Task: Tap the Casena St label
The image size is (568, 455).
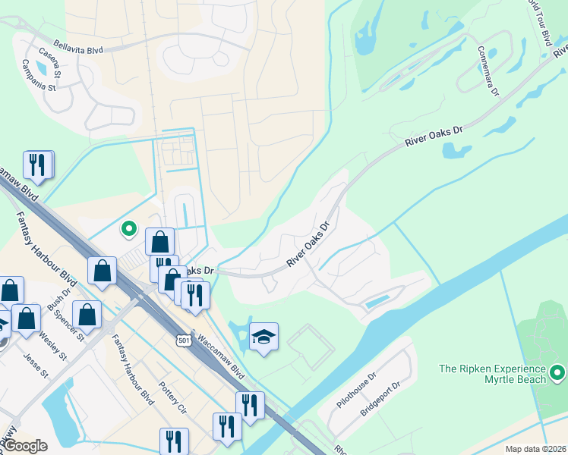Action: (52, 67)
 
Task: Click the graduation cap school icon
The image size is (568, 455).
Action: (263, 337)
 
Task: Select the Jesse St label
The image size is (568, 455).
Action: (36, 365)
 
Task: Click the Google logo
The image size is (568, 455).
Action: (26, 446)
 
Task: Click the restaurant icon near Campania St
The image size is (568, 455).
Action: (37, 165)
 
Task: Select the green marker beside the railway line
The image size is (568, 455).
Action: (129, 227)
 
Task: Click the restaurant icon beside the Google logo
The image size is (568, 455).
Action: (175, 441)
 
